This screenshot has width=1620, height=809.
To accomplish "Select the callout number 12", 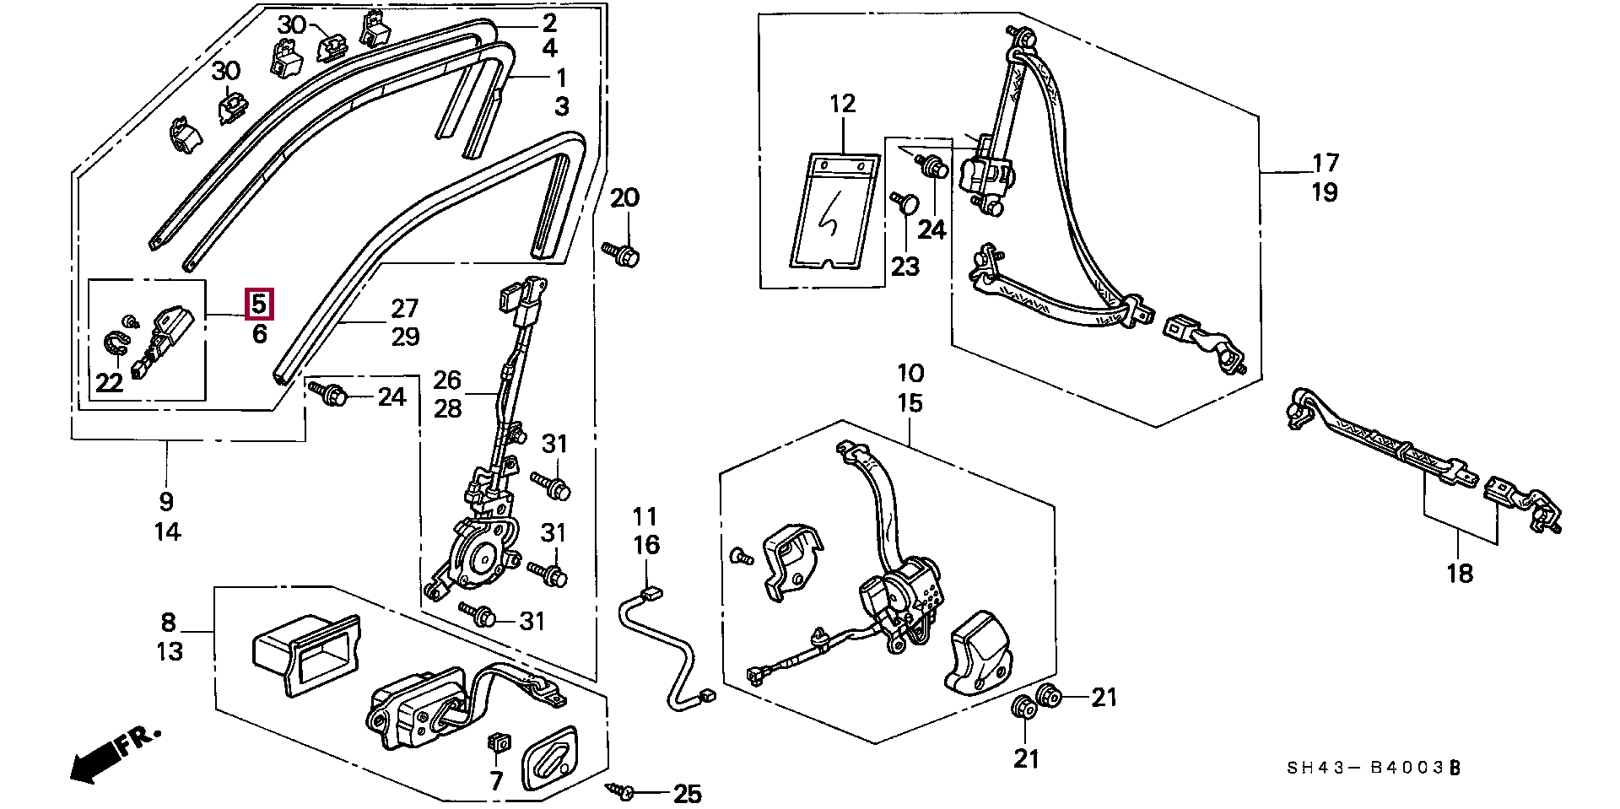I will (842, 104).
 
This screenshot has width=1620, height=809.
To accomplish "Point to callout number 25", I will (688, 794).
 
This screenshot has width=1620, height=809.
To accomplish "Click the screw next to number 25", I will (621, 790).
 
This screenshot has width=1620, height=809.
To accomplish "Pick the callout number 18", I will (1460, 574).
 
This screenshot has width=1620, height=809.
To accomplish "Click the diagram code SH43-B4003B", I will (1373, 769).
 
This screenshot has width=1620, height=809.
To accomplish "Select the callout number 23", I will (904, 267).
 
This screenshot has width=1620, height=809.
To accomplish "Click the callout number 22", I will (109, 382).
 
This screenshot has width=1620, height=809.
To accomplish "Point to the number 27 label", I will (405, 308).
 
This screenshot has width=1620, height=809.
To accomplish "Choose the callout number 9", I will (166, 501).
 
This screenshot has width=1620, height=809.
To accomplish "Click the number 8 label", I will (169, 623).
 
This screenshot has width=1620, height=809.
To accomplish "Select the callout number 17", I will (1326, 162).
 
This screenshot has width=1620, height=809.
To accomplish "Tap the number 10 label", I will (910, 373).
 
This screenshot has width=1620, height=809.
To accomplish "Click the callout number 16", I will (646, 545).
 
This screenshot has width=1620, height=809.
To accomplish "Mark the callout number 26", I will (448, 380).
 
